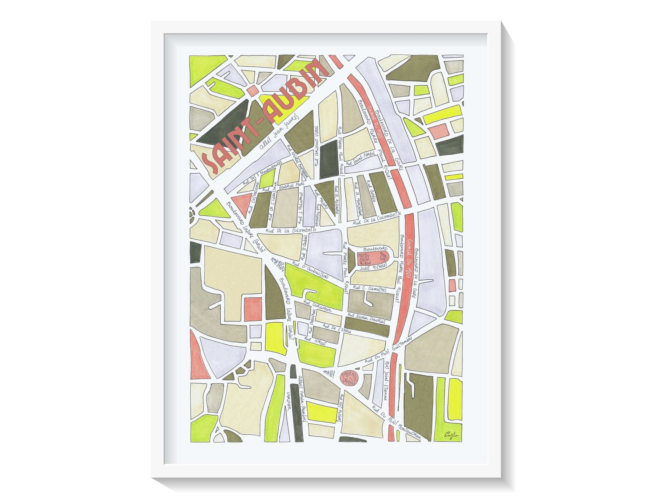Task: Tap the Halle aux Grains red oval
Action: point(349,378)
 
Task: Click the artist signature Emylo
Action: point(451,435)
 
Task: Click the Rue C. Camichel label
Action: point(370,289)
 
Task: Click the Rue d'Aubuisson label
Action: point(310,270)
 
